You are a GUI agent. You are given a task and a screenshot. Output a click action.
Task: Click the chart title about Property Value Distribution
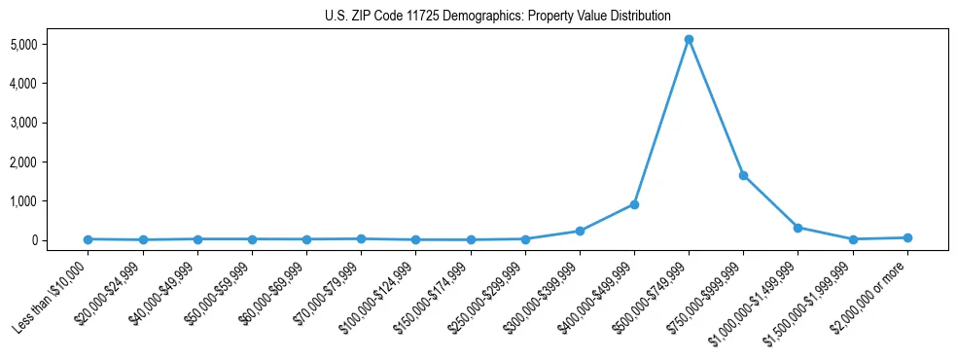[x=497, y=16]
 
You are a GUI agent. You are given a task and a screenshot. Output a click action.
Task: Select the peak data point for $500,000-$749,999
[x=689, y=40]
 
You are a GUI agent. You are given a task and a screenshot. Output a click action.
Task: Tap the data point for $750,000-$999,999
[x=743, y=175]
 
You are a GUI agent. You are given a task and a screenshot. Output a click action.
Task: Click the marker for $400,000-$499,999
[x=634, y=204]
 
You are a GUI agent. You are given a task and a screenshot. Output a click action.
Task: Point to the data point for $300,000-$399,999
[x=580, y=231]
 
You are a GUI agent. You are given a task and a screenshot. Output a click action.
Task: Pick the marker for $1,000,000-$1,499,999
[x=797, y=228]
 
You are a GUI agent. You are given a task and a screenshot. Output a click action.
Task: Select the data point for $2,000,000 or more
[x=907, y=237]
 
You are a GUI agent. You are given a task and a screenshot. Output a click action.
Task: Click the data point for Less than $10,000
[x=89, y=238]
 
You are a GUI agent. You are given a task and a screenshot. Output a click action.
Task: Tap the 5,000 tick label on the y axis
[x=51, y=45]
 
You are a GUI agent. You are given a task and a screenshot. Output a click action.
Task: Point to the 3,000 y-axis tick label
[x=51, y=123]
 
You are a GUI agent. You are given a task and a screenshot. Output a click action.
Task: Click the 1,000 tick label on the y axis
[x=51, y=200]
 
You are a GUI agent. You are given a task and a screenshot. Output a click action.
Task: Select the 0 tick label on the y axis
[x=59, y=240]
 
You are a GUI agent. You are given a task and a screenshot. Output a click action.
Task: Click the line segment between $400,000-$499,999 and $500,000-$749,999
[x=661, y=123]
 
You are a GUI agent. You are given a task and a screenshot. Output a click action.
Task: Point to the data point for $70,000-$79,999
[x=361, y=238]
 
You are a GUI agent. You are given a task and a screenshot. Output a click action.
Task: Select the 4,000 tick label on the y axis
[x=51, y=84]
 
